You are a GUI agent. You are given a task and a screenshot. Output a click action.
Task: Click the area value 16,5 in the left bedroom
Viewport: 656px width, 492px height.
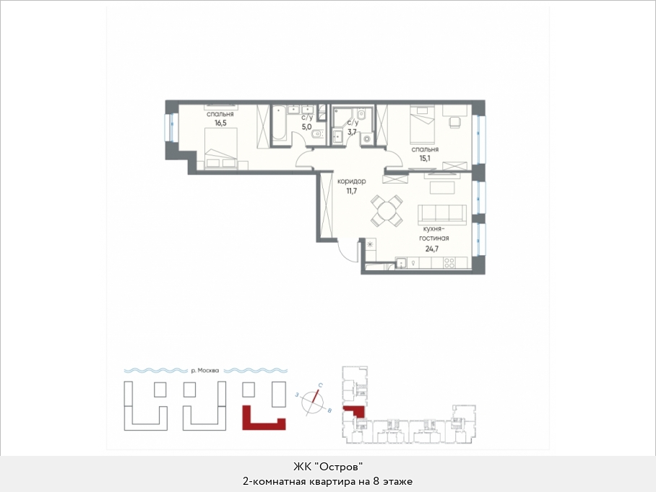click(220, 123)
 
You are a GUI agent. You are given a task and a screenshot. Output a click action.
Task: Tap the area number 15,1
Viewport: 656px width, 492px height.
click(425, 158)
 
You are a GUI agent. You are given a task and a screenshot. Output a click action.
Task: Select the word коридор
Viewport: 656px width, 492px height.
click(351, 181)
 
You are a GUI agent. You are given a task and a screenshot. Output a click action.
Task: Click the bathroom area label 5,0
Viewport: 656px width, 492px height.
click(307, 126)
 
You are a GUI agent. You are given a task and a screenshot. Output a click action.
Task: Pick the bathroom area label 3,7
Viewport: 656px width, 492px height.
click(353, 131)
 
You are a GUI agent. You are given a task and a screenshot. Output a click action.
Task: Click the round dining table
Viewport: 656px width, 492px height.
click(387, 211)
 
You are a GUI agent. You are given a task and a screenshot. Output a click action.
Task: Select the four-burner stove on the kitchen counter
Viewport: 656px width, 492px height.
click(449, 263)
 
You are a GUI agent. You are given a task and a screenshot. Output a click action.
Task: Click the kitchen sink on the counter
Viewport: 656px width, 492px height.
click(401, 263)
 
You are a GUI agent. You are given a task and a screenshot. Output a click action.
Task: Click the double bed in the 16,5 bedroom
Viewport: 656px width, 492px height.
click(221, 149)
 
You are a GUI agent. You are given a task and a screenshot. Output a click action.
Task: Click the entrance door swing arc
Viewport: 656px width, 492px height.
click(344, 254)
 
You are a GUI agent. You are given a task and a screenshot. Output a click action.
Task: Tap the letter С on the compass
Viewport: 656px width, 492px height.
click(320, 384)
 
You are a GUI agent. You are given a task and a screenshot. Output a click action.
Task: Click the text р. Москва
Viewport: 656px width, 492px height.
click(205, 370)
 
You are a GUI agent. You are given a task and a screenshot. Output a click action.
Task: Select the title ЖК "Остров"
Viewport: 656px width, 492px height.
click(327, 466)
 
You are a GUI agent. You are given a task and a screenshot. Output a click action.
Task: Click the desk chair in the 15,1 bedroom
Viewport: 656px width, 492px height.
click(455, 121)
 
